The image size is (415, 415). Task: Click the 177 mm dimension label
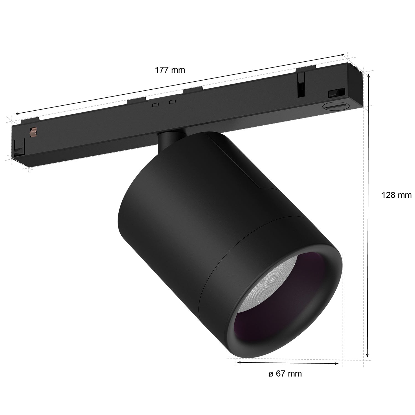coord(170,70)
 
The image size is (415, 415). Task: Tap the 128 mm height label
coord(396,195)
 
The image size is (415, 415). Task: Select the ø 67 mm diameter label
coord(285,374)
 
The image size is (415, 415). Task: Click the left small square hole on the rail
coord(155,105)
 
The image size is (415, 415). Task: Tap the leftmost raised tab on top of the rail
coord(30,120)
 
